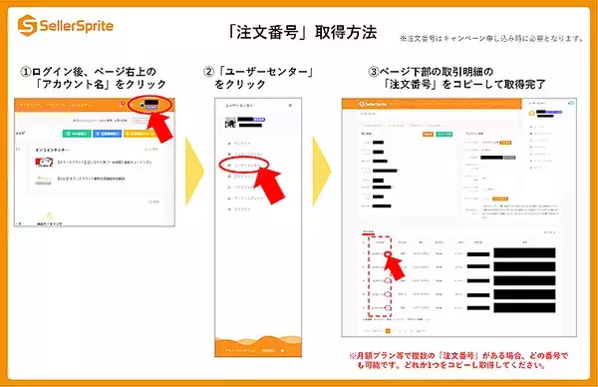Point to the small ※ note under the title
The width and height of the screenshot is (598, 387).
pyautogui.click(x=488, y=39)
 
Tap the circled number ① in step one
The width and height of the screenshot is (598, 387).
pyautogui.click(x=27, y=72)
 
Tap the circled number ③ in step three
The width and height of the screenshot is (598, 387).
pyautogui.click(x=375, y=72)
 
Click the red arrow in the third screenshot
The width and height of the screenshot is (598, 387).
pyautogui.click(x=396, y=264)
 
